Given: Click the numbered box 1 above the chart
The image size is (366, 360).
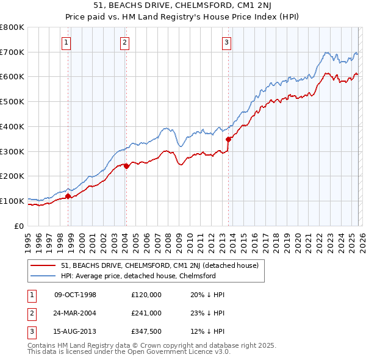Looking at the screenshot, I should point(65,43).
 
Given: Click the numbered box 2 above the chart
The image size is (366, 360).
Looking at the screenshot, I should point(124,43).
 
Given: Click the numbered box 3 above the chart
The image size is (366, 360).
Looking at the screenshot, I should point(226,43).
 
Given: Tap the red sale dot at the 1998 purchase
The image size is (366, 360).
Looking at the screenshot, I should point(68,196).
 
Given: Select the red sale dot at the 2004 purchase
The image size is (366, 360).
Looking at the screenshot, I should point(126,165).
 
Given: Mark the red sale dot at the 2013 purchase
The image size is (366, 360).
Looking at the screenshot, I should point(228,139).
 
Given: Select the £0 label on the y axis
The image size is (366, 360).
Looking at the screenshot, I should point(20,226).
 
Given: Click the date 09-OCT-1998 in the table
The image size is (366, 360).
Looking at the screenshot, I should point(75,295).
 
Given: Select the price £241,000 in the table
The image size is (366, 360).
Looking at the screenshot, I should point(146,312).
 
